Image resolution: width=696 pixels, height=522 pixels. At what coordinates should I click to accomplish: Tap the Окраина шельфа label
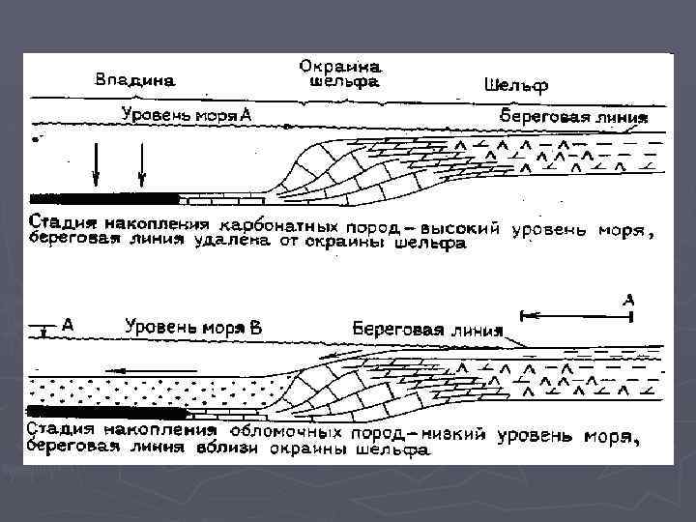click(x=341, y=74)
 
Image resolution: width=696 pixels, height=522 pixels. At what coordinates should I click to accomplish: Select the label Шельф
click(x=514, y=84)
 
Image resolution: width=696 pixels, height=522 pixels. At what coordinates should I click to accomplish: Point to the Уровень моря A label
click(x=186, y=114)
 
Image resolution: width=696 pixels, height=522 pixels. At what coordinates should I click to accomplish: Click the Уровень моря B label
click(x=192, y=327)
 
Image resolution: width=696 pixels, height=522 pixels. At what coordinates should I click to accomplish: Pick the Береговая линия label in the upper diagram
click(x=570, y=116)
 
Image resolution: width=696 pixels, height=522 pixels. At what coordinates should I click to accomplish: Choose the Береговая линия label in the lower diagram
click(x=427, y=329)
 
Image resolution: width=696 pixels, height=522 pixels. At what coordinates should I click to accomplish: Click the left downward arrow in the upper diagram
click(x=96, y=163)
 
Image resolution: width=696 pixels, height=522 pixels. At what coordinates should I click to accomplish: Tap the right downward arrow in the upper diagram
click(x=142, y=163)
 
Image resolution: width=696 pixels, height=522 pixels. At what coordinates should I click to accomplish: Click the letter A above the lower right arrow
click(x=628, y=301)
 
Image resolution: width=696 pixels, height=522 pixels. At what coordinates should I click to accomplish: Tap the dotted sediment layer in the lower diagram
click(x=145, y=391)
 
